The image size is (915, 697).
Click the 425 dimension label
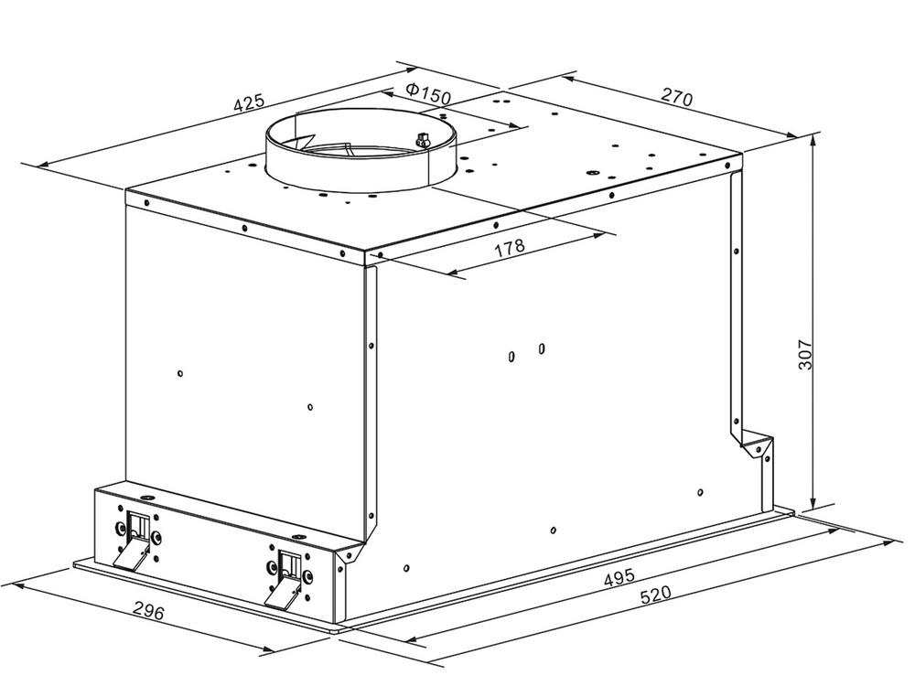(x=249, y=102)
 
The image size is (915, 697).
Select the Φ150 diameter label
(x=429, y=94)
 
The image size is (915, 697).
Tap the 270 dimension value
(x=676, y=96)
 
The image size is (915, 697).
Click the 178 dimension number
(x=510, y=248)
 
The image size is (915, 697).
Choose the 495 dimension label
(x=619, y=577)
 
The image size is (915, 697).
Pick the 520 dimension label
(x=656, y=595)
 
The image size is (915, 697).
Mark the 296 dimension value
(x=149, y=610)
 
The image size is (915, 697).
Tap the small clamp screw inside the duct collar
(x=420, y=139)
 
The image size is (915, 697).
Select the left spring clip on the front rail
(x=135, y=539)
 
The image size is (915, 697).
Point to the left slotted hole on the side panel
(x=511, y=356)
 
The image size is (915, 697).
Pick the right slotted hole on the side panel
(x=542, y=348)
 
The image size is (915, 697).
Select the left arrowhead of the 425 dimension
(x=44, y=165)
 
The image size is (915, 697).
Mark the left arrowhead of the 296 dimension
(x=17, y=585)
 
